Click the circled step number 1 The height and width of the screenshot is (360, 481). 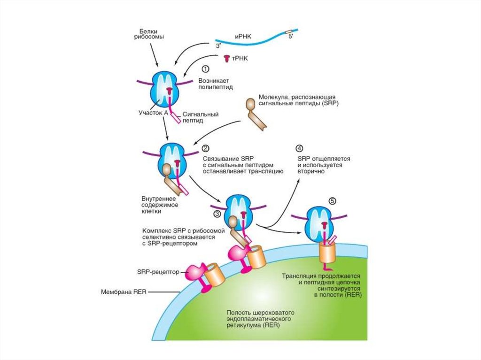[x=205, y=69]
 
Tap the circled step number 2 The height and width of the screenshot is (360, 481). [x=205, y=148]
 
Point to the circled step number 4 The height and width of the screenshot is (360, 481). [x=299, y=148]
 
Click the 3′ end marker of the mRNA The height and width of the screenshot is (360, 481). [x=218, y=46]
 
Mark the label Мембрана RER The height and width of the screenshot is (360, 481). [x=124, y=291]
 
